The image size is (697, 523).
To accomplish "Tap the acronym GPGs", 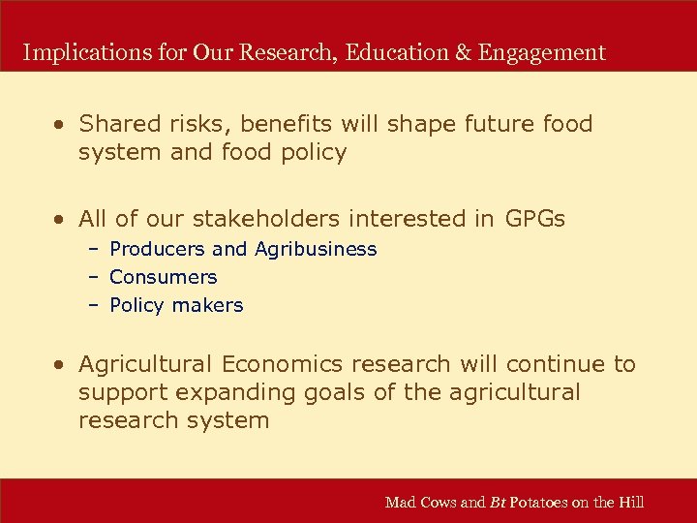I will click(535, 220).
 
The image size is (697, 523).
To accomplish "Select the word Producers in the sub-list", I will click(156, 249).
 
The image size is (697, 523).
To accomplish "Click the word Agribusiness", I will click(316, 250).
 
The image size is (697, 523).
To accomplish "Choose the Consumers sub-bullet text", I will click(163, 277).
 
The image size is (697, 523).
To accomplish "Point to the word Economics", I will click(283, 364).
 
